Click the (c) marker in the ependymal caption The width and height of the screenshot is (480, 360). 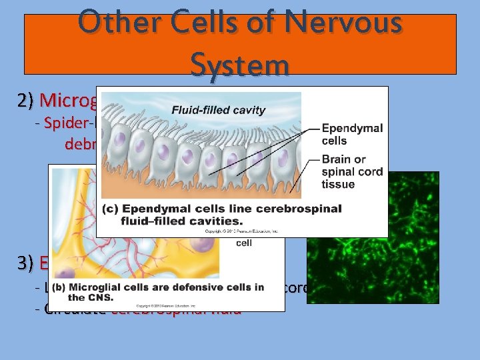pos(111,209)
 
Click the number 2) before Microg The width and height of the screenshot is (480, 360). pos(27,100)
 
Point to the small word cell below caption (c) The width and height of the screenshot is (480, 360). pos(244,243)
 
